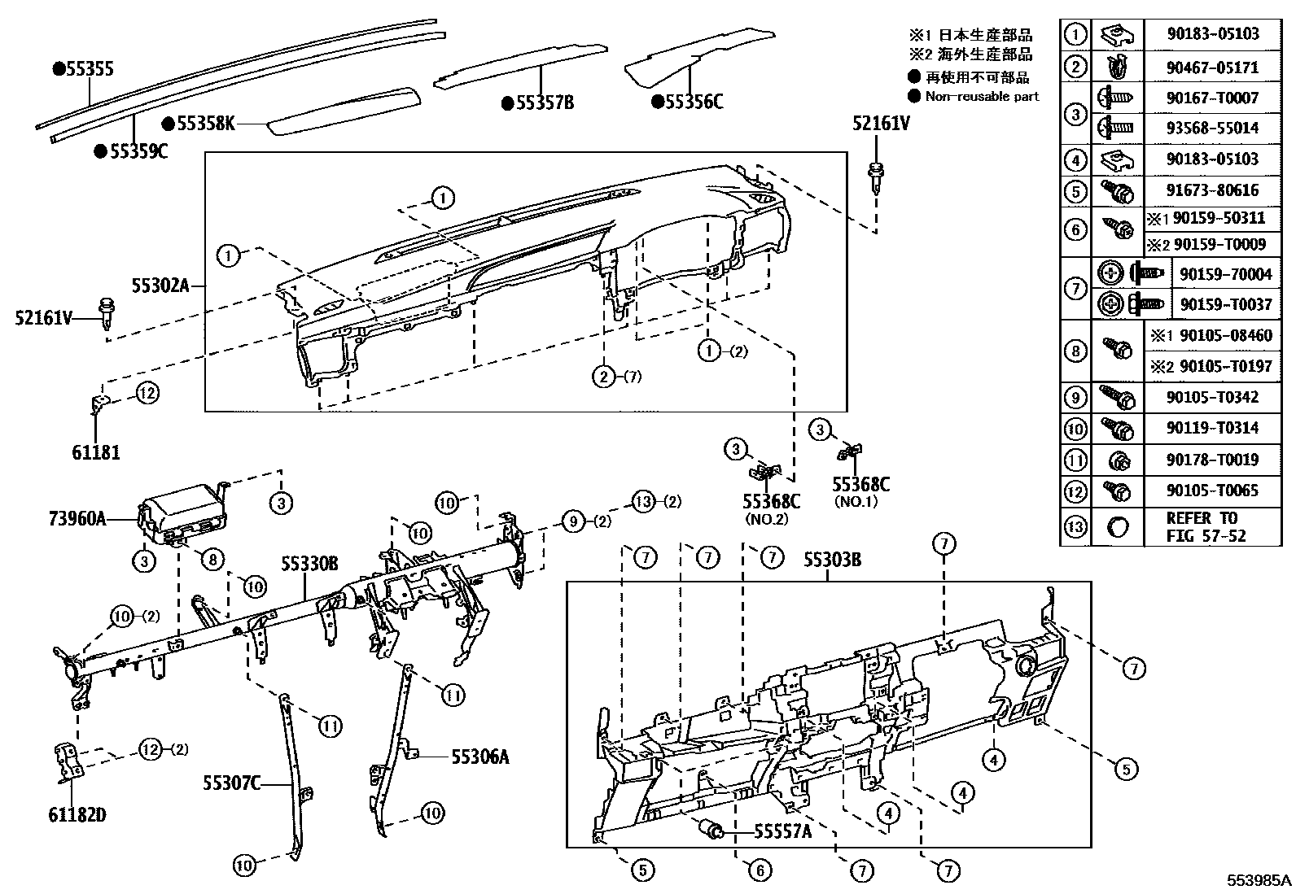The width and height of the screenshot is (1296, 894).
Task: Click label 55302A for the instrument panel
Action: pos(160,285)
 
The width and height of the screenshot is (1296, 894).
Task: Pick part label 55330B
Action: pos(310,564)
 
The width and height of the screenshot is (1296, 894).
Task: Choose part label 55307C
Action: pos(232,783)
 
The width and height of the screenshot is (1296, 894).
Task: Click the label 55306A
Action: pos(480,757)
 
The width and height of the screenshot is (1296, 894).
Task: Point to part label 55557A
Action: pos(782,831)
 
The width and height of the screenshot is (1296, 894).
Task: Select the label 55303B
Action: pos(832,560)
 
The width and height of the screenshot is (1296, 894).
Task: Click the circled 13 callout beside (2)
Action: pos(644,501)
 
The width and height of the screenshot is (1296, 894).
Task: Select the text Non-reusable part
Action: pos(982,97)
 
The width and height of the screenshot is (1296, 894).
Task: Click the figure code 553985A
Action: pos(1259,880)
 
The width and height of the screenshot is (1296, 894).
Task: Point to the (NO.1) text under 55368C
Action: pos(856,502)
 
